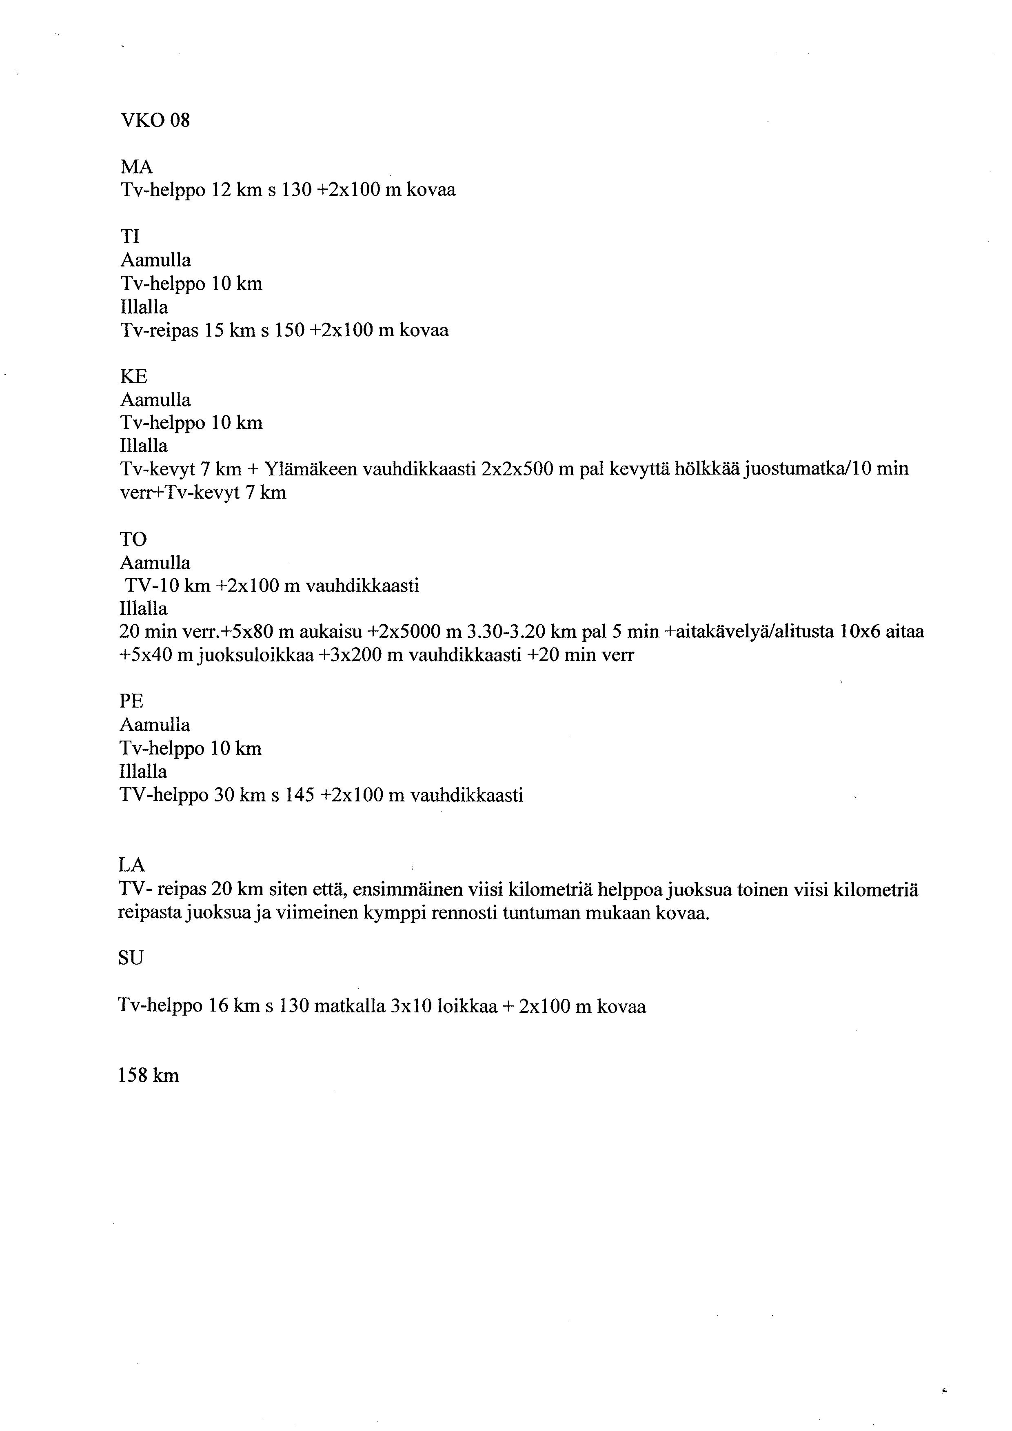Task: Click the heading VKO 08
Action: (x=155, y=120)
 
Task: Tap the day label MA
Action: (x=136, y=167)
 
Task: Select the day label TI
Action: (x=130, y=236)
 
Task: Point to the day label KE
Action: (x=133, y=377)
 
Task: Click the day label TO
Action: (x=133, y=539)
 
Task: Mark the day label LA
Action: (x=131, y=865)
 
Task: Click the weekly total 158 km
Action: (x=148, y=1076)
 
